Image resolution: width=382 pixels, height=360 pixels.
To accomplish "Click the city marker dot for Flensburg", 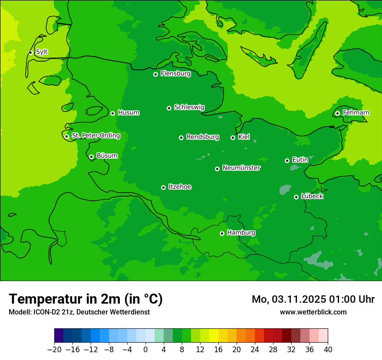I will click(155, 74).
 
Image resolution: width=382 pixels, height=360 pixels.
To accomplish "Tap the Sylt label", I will click(42, 52).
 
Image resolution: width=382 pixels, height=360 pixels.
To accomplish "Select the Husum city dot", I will click(112, 113).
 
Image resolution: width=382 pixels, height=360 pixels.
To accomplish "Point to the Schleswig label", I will click(189, 107).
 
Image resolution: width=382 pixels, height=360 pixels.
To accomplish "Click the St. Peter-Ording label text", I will click(95, 136).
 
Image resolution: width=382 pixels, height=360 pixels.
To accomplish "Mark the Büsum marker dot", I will click(91, 157).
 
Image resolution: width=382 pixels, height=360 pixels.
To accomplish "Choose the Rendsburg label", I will click(202, 137).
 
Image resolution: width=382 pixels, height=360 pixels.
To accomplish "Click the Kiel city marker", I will click(233, 137).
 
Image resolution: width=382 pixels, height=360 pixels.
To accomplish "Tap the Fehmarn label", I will click(356, 113).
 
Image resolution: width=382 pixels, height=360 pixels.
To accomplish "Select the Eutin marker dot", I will click(287, 160).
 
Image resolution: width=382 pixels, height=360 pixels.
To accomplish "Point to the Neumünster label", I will click(241, 168).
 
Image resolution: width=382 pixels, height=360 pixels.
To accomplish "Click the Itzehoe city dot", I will click(163, 187).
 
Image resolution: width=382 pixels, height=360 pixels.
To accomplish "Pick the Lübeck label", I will click(312, 196).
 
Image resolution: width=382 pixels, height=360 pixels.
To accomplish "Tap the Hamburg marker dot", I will click(222, 233).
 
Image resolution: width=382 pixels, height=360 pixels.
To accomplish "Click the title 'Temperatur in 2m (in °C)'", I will click(86, 299).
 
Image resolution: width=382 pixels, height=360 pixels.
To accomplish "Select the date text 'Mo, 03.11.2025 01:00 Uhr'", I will click(313, 299).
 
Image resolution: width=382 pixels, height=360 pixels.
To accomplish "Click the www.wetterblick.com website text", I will click(313, 312).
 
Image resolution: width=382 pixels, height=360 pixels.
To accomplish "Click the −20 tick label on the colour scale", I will click(54, 350).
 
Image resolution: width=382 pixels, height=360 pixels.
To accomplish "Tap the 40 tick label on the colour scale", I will click(328, 350).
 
